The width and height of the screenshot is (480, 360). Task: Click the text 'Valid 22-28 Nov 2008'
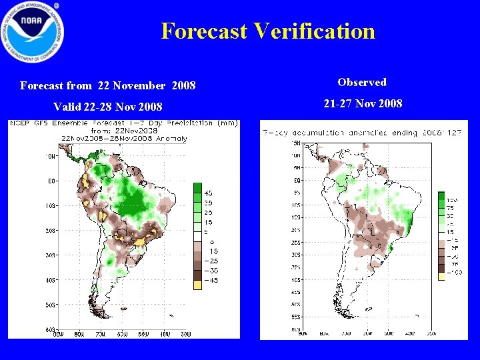(x=107, y=107)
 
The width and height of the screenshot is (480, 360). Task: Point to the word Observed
(x=362, y=83)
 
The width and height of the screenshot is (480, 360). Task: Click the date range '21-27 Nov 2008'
(x=363, y=104)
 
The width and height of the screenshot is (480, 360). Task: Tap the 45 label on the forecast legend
(x=208, y=193)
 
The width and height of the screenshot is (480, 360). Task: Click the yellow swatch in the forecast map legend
(x=198, y=285)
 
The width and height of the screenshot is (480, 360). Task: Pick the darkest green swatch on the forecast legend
(x=198, y=189)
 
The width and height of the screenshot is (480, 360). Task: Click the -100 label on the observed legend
(x=453, y=272)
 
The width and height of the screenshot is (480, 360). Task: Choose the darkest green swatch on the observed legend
(x=441, y=196)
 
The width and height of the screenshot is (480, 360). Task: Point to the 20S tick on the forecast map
(x=50, y=230)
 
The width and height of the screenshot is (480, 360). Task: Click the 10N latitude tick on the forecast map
(x=50, y=156)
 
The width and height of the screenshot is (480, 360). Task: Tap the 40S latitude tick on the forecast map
(x=50, y=280)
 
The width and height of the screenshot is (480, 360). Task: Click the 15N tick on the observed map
(x=295, y=143)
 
